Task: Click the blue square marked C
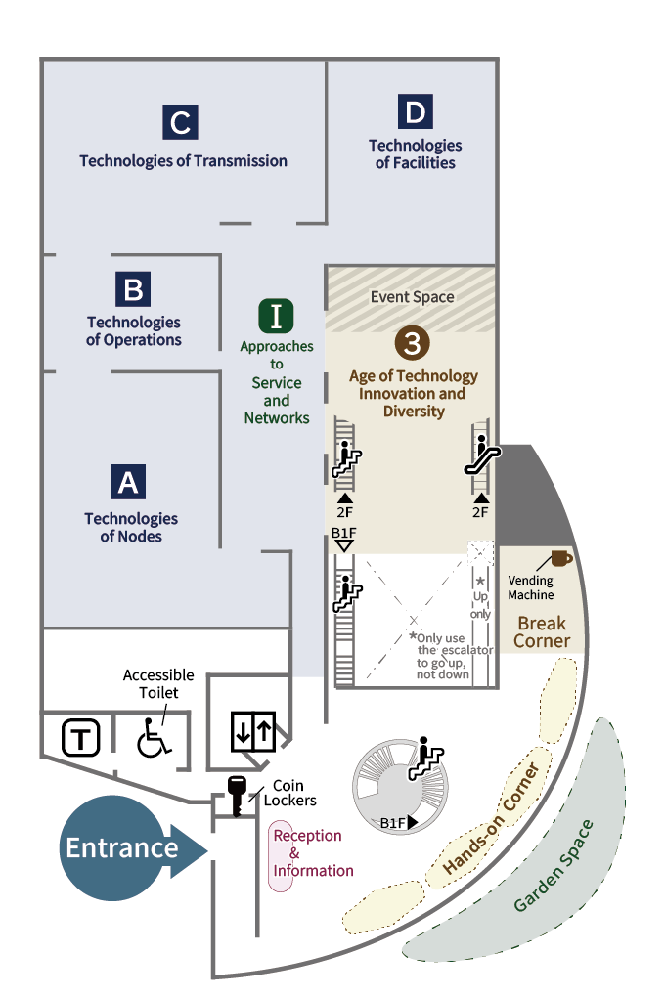181,122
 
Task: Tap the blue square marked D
416,112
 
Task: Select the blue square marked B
134,290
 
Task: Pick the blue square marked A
129,481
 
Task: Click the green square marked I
276,316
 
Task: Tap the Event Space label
412,297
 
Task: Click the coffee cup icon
560,558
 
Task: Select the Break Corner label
543,632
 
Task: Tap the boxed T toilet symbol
81,738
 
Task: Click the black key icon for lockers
236,791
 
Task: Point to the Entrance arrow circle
122,847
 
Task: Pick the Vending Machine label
531,587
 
